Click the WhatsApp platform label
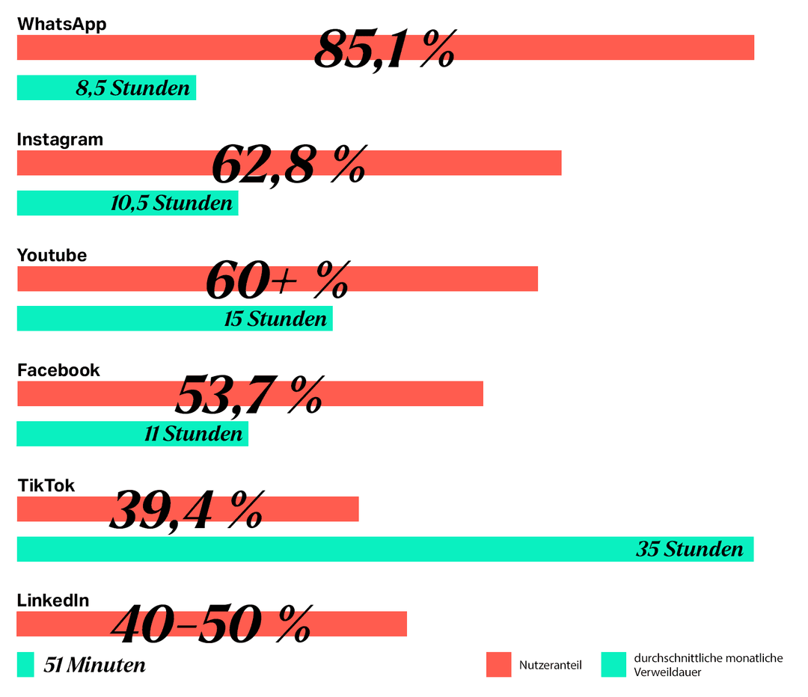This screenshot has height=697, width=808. click(x=61, y=24)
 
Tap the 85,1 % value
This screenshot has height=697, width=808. click(x=385, y=50)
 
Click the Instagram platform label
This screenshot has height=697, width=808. click(x=60, y=140)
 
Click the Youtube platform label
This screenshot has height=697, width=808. click(x=52, y=255)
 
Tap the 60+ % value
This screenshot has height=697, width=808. click(x=278, y=280)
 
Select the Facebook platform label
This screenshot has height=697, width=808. click(x=58, y=370)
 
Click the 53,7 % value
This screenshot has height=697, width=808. click(x=249, y=396)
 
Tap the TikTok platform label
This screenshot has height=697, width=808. click(x=46, y=486)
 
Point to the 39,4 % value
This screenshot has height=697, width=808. click(x=186, y=512)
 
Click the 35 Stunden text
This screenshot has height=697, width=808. click(x=690, y=550)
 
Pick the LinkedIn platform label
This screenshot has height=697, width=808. click(x=53, y=601)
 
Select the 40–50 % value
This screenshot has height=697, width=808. click(x=211, y=625)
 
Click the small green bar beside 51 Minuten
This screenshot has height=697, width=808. click(x=25, y=665)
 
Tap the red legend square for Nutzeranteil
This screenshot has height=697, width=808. click(x=498, y=665)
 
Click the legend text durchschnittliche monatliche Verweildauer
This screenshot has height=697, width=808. click(x=708, y=665)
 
